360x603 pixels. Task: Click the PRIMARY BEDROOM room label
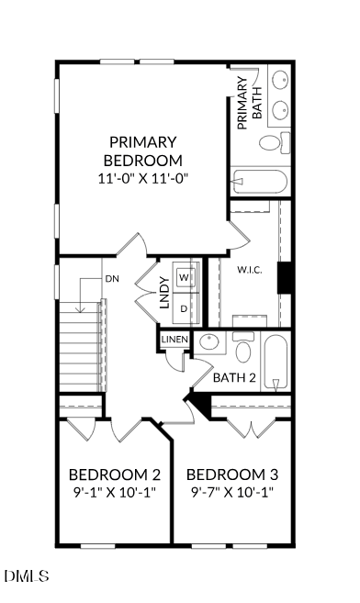[x=142, y=151]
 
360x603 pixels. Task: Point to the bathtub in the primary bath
[x=261, y=180]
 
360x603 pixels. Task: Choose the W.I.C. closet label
[x=250, y=271]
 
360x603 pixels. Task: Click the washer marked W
[x=185, y=276]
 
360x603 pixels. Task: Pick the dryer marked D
[x=184, y=308]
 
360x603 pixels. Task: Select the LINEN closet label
[x=174, y=340]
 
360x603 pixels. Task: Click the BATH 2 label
[x=234, y=377]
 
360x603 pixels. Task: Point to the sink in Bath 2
[x=210, y=344]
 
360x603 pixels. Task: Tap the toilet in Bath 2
[x=243, y=350]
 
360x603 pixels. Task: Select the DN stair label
[x=112, y=278]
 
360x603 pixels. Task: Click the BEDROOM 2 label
[x=115, y=475]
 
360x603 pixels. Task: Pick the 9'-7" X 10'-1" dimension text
[x=232, y=493]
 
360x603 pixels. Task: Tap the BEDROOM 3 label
[x=232, y=475]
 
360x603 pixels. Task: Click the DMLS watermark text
[x=27, y=576]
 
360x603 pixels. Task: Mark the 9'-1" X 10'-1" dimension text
[x=115, y=493]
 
